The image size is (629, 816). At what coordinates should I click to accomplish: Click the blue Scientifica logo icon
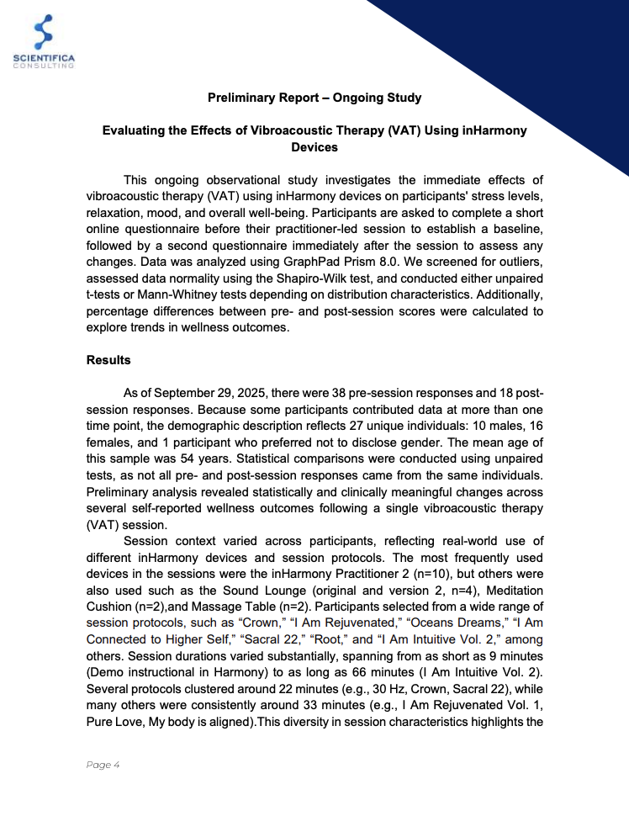click(x=44, y=32)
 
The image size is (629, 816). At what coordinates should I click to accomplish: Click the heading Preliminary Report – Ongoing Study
click(x=314, y=98)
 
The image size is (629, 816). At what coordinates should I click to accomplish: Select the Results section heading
click(x=108, y=360)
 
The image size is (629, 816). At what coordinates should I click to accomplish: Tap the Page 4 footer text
click(x=103, y=765)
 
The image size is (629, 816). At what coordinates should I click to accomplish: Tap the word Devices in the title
click(x=314, y=147)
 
